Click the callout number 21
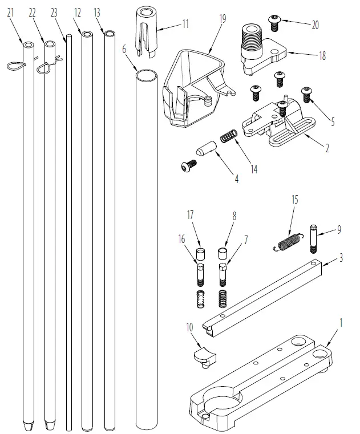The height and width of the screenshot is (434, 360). [x=10, y=12]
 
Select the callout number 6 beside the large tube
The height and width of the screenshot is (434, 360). [x=124, y=50]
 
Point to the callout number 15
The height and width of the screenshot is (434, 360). [x=294, y=200]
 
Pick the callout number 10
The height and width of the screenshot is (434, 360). [x=188, y=329]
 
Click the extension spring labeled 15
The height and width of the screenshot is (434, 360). [x=285, y=241]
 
